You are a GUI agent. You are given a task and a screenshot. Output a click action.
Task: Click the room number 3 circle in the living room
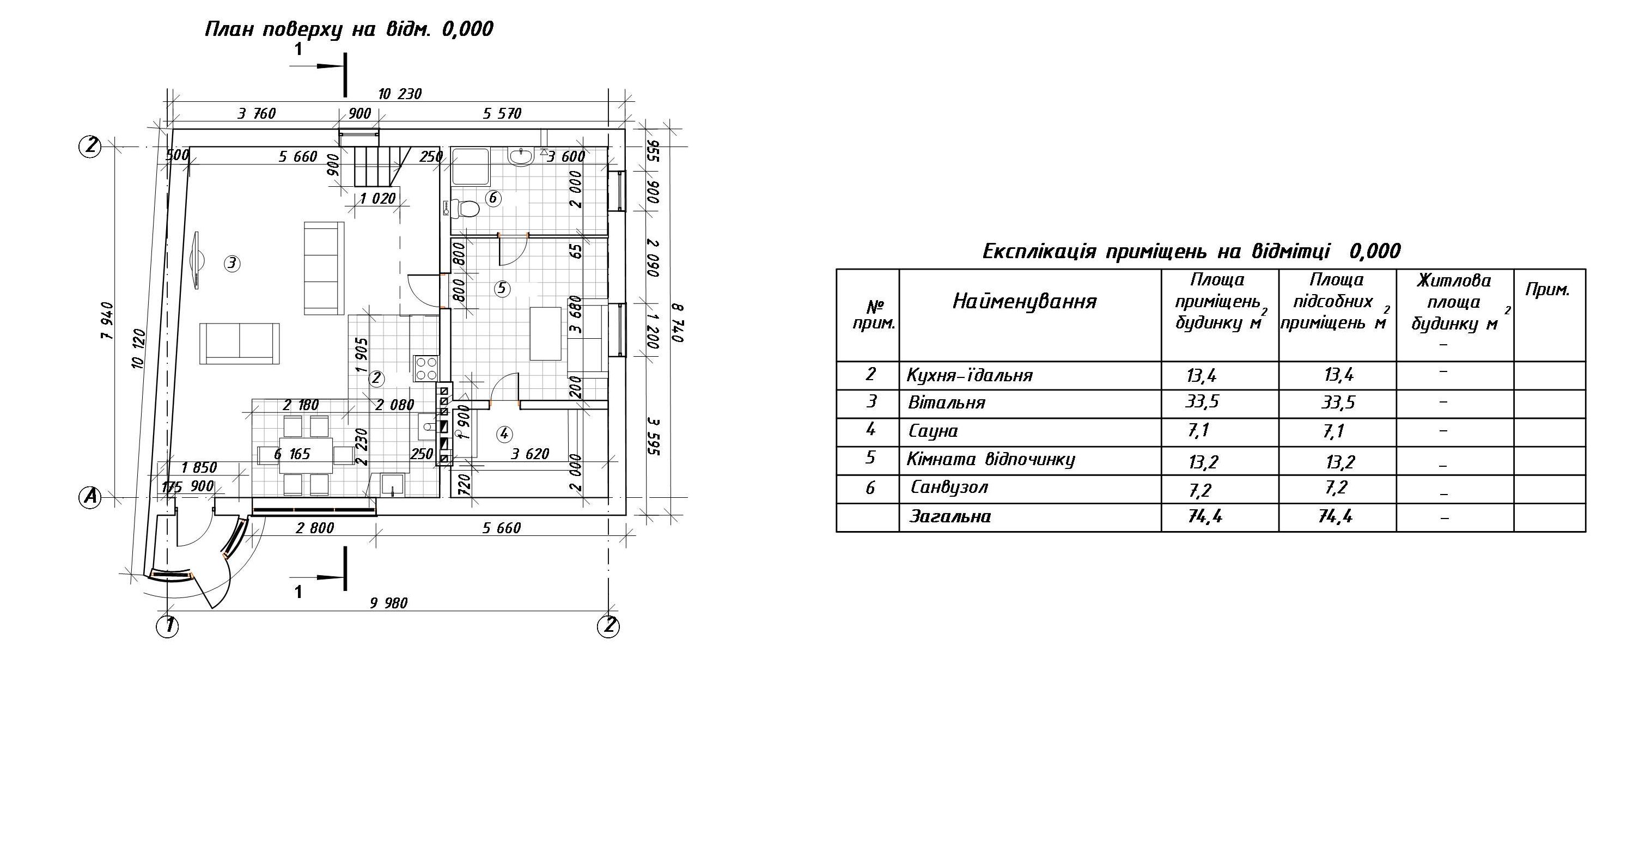[x=232, y=263]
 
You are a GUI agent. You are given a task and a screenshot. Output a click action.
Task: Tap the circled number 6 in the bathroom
[x=492, y=198]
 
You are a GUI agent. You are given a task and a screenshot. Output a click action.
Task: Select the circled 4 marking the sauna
[x=503, y=434]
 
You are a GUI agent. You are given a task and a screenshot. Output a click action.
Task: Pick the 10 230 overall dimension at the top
[x=400, y=94]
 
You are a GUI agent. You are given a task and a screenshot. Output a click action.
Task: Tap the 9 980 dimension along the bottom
[x=388, y=603]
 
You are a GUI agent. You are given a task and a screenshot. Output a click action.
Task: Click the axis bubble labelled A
[x=90, y=498]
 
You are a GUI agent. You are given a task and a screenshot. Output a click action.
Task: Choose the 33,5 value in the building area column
[x=1202, y=402]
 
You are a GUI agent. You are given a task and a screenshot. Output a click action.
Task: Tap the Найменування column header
[x=1025, y=301]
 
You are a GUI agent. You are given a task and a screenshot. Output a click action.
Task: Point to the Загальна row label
[x=950, y=517]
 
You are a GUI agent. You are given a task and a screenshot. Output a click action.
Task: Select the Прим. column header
[x=1547, y=290]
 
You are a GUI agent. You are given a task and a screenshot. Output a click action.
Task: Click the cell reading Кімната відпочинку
[x=991, y=459]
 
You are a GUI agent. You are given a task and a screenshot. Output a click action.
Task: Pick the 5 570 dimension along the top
[x=502, y=114]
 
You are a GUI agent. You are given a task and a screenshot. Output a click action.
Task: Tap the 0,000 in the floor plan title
[x=467, y=29]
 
